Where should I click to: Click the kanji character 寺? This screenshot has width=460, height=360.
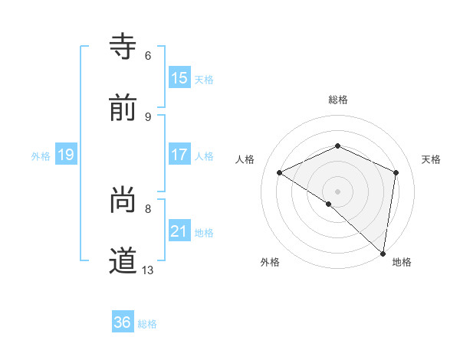123,46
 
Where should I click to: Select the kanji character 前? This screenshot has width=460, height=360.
123,108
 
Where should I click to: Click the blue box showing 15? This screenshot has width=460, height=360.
179,77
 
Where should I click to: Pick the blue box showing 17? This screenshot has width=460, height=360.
179,154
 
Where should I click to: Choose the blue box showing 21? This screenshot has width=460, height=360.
179,231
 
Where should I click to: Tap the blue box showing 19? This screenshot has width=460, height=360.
66,155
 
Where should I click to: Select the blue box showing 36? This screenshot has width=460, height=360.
123,322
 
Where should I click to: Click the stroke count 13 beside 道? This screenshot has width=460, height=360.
148,270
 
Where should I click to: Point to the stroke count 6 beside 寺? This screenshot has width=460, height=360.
148,55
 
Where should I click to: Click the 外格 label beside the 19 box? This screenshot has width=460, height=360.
41,155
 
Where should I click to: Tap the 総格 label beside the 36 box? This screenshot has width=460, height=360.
147,323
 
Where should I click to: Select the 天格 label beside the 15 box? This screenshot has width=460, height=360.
203,79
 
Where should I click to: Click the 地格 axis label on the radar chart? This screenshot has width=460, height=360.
402,262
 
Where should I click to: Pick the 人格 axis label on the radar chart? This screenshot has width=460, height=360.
245,159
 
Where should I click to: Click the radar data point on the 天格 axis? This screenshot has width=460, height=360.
396,172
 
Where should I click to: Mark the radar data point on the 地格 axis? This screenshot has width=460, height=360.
383,253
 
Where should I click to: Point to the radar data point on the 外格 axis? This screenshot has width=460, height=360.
329,204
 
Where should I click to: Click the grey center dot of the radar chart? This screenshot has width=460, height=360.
338,191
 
